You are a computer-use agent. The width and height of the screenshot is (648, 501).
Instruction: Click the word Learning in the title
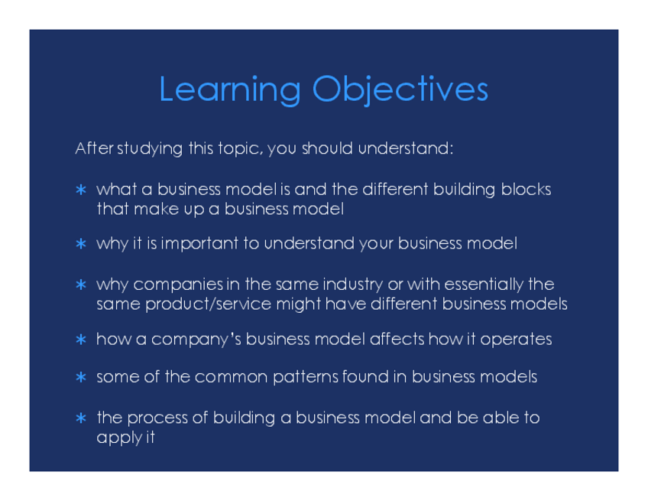[x=230, y=90]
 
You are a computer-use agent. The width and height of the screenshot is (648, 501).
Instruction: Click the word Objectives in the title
[x=400, y=90]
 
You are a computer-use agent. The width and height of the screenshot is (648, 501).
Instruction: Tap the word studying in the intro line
[x=150, y=149]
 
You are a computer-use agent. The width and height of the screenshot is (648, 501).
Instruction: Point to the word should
[x=327, y=148]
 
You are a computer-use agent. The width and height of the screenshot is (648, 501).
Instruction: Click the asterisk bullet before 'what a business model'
[x=81, y=190]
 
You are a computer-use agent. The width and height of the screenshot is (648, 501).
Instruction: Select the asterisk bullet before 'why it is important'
[x=81, y=244]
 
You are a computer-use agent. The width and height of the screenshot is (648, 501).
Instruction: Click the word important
[x=199, y=244]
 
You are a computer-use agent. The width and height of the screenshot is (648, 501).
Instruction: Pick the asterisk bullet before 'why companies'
[x=81, y=285]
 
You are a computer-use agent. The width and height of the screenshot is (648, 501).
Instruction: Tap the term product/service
[x=209, y=304]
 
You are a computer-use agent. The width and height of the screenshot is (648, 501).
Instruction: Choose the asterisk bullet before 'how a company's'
[x=81, y=340]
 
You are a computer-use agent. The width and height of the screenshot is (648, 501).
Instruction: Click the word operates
[x=516, y=340]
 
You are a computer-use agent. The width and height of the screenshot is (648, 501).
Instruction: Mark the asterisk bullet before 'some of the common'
[x=81, y=377]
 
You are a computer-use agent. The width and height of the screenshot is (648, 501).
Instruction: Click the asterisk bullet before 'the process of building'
[x=81, y=418]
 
